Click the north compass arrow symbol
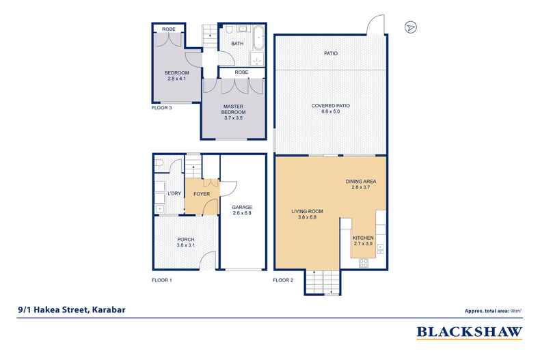tap(410, 28)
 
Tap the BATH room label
tap(237, 44)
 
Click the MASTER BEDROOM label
tap(233, 109)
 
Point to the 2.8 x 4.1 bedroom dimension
tap(176, 79)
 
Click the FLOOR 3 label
tap(162, 107)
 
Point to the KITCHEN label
tap(363, 238)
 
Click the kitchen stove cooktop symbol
tap(364, 262)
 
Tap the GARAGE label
tap(243, 207)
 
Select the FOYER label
tap(202, 194)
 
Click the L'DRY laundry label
tap(175, 194)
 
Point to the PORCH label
tap(186, 239)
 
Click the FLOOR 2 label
tap(283, 280)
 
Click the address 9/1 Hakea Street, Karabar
tap(72, 309)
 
